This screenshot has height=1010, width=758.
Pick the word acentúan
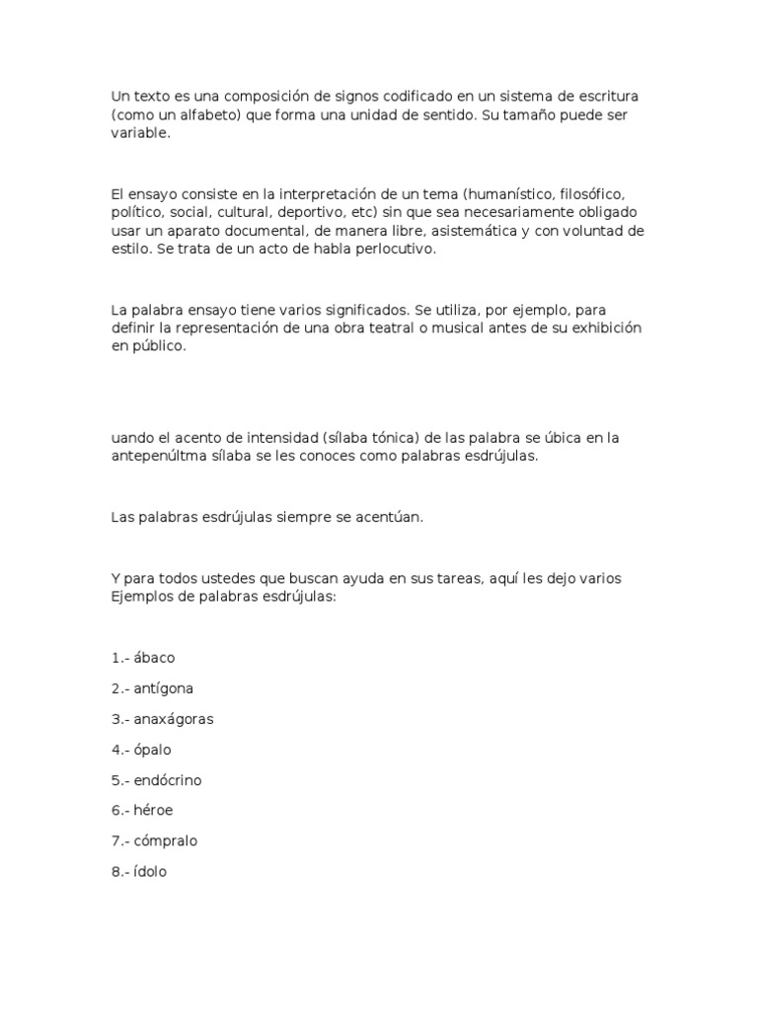click(x=391, y=517)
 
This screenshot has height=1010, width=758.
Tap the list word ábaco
click(x=154, y=657)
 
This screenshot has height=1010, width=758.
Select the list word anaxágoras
click(x=174, y=718)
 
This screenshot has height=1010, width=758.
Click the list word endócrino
click(x=168, y=779)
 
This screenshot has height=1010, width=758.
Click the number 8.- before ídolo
click(x=120, y=872)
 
